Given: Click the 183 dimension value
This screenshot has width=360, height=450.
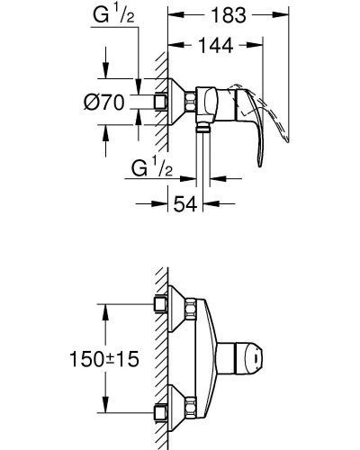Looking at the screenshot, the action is click(229, 15).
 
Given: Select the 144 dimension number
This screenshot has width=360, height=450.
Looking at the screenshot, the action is click(216, 45).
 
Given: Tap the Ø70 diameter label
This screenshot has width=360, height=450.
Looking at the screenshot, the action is click(103, 102).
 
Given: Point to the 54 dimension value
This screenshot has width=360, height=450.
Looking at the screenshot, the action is click(185, 204).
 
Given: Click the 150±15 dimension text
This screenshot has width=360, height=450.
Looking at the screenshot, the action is click(104, 359).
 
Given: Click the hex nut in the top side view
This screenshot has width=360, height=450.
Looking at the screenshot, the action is click(191, 102).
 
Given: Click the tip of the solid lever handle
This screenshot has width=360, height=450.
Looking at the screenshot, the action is click(260, 165).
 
